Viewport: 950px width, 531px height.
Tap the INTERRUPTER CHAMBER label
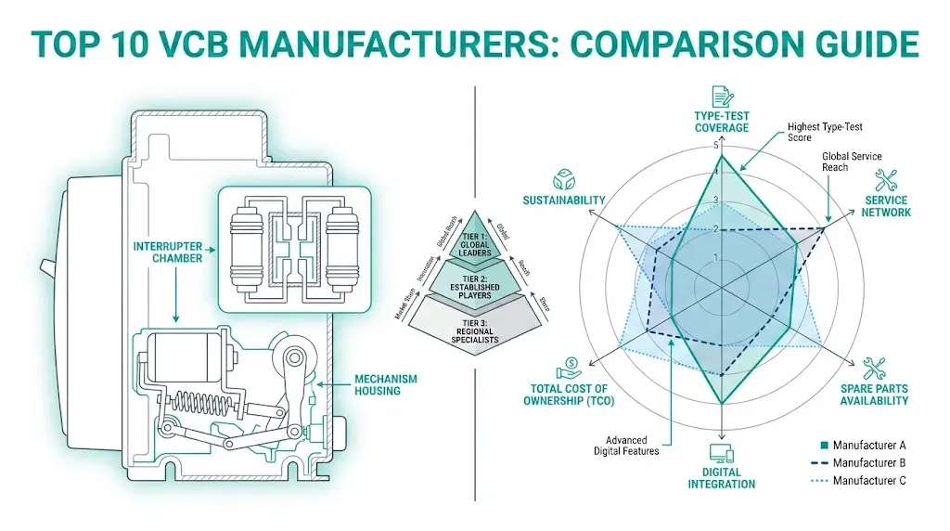point(166,251)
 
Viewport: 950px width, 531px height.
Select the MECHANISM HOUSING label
point(385,384)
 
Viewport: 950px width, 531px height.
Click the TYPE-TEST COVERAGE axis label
point(722,121)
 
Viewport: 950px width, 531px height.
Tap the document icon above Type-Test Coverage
point(721,96)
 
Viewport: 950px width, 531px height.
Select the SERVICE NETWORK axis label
point(886,206)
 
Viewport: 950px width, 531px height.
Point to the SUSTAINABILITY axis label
point(564,201)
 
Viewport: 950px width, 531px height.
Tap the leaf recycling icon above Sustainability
point(564,178)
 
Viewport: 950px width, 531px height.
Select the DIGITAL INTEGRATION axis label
point(721,477)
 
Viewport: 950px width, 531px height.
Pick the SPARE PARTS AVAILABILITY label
point(874,394)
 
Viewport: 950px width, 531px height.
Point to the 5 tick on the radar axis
point(714,147)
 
